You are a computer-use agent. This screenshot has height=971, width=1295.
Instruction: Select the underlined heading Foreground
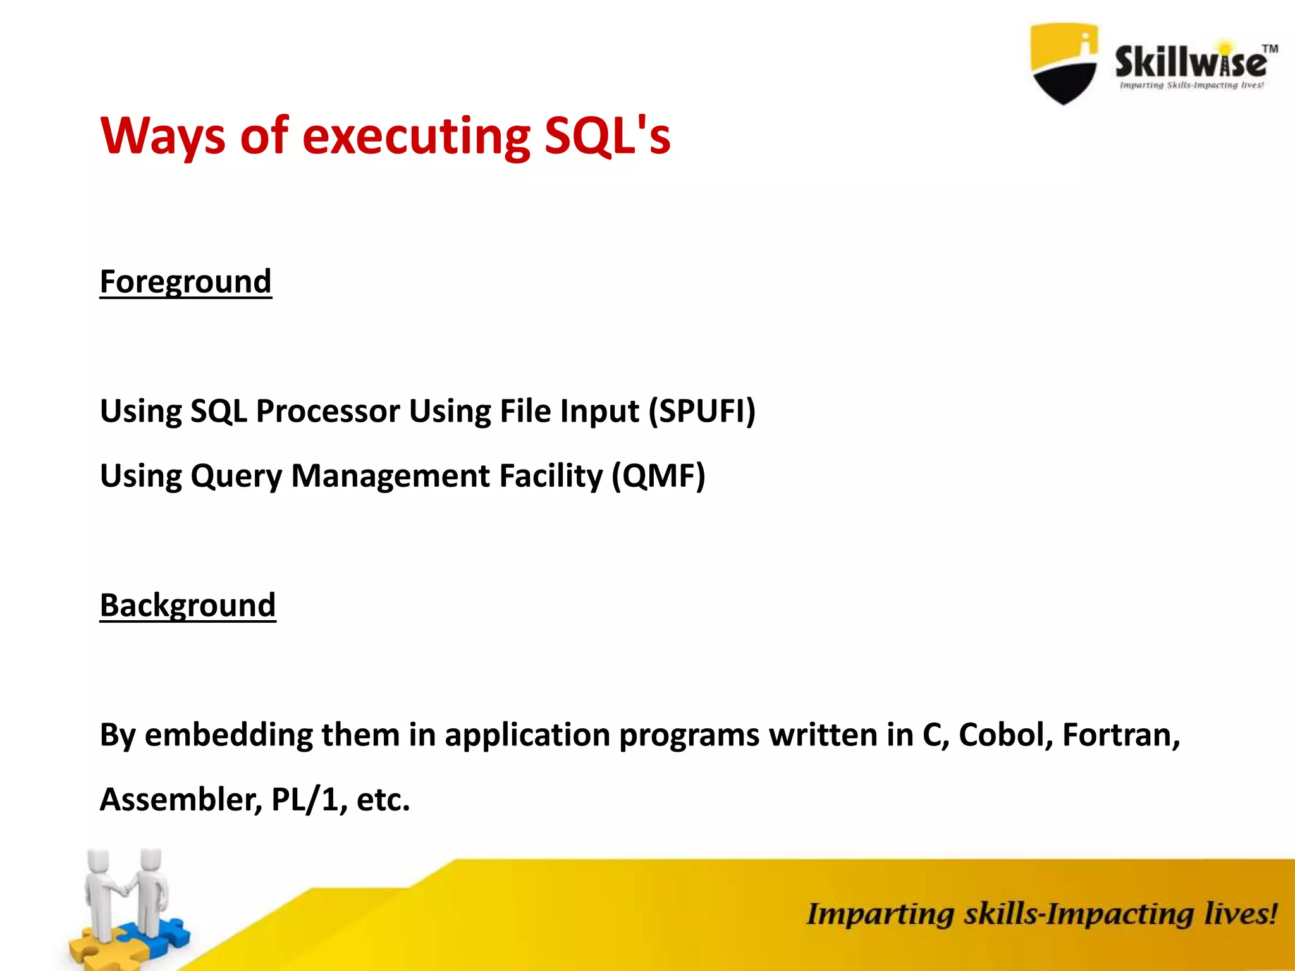(185, 281)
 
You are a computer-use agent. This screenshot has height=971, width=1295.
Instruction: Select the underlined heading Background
(188, 605)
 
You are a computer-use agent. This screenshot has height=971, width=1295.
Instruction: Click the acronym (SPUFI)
(702, 411)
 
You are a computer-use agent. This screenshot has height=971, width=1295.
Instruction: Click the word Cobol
(1005, 735)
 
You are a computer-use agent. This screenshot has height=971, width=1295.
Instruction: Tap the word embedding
(228, 735)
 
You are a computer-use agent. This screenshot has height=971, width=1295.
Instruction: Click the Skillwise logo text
(1190, 62)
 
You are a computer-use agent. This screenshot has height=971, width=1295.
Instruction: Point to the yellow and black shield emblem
(1064, 63)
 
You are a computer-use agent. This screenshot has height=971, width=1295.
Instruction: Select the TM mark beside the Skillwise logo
(1270, 49)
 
